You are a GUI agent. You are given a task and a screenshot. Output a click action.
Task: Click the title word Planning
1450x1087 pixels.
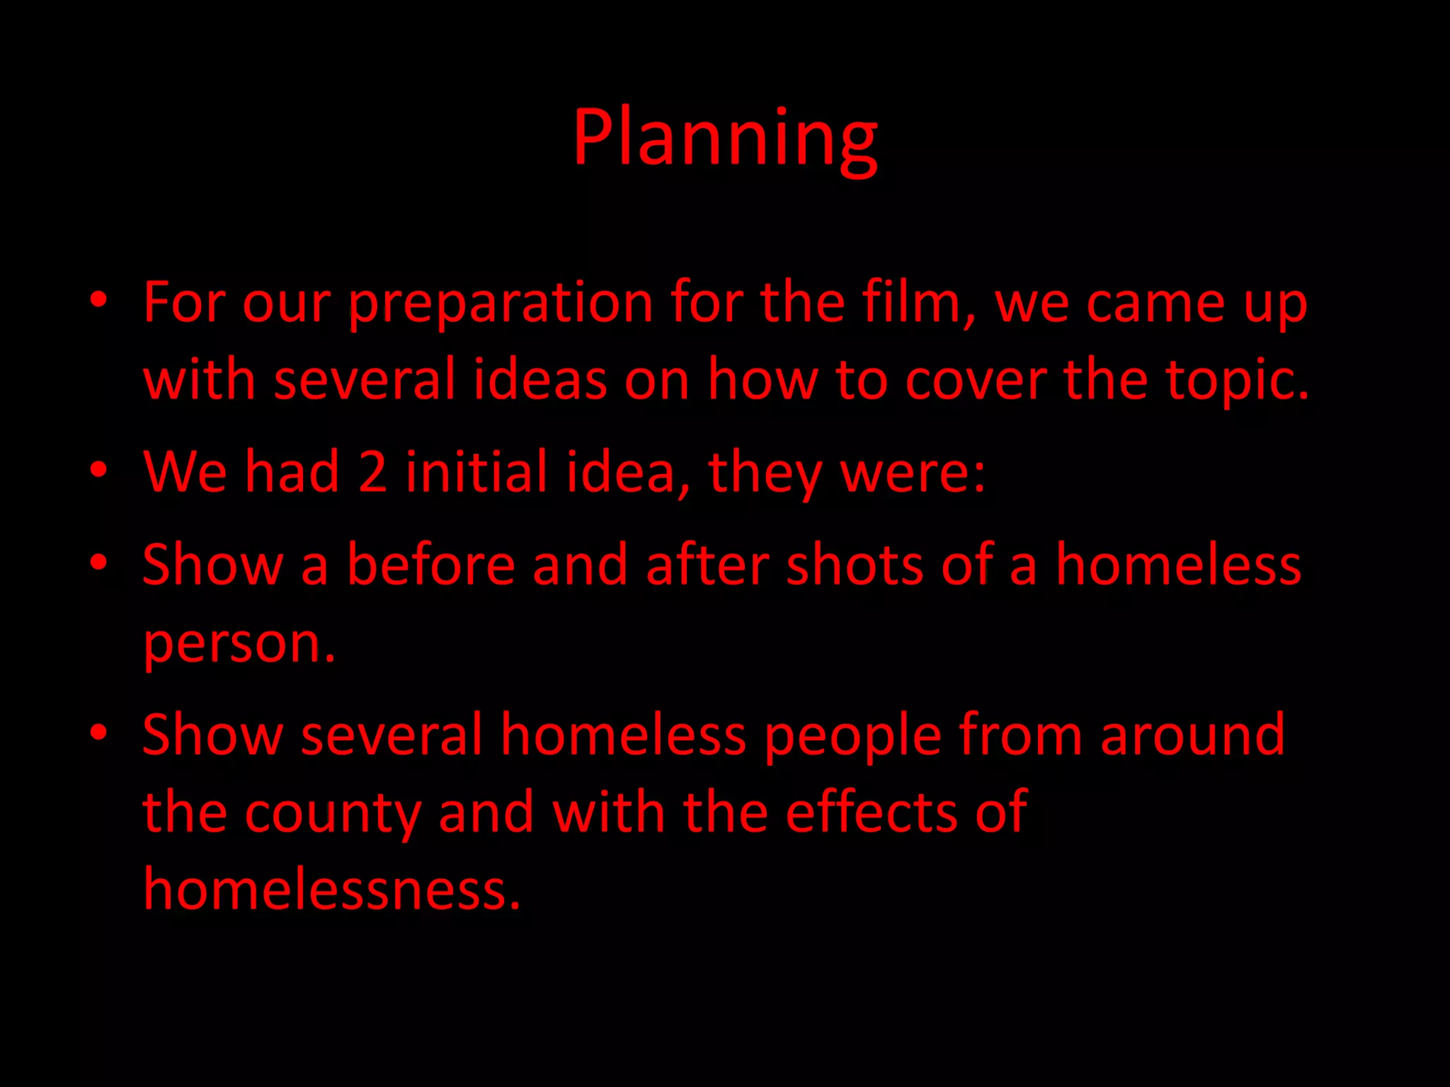pyautogui.click(x=725, y=138)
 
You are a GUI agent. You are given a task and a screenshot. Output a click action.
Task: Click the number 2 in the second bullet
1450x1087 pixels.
pyautogui.click(x=372, y=472)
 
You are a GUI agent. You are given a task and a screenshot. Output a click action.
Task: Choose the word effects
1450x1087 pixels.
pyautogui.click(x=872, y=812)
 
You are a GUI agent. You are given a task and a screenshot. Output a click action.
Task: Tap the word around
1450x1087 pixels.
pyautogui.click(x=1192, y=735)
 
